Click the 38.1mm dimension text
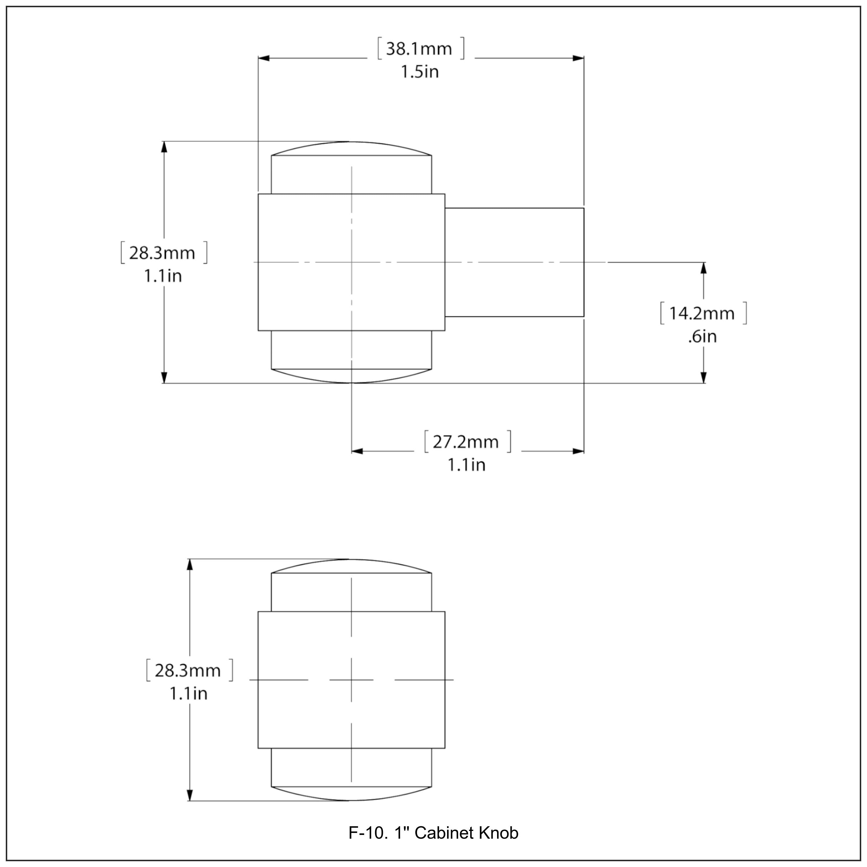coord(419,49)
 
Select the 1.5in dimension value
coord(419,72)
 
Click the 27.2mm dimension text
coord(466,442)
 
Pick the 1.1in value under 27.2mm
coord(466,465)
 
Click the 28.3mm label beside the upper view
coord(162,253)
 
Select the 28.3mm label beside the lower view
coord(188,670)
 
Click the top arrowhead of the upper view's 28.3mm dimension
coord(164,147)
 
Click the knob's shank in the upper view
coord(514,262)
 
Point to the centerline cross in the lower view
coord(351,680)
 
